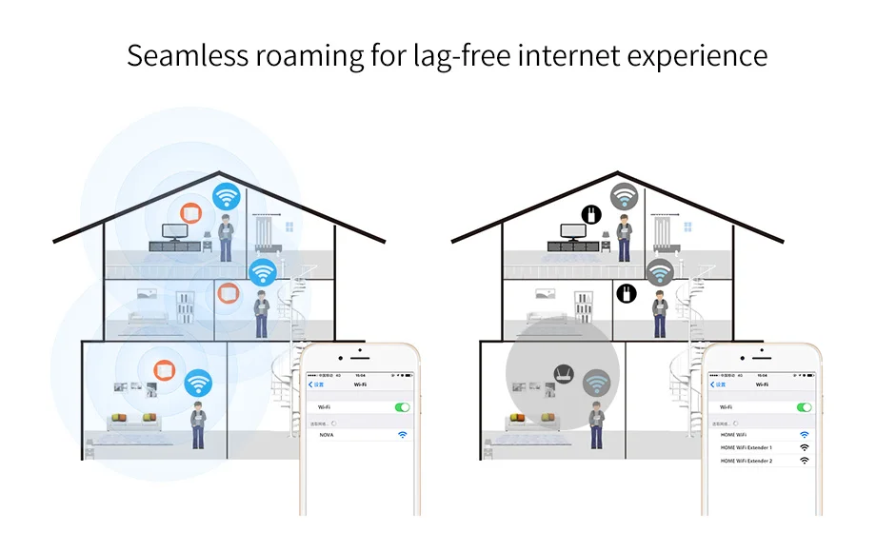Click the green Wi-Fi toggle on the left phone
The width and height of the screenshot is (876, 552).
402,407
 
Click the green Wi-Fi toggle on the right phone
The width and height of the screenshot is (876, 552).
805,407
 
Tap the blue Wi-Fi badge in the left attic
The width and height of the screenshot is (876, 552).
227,197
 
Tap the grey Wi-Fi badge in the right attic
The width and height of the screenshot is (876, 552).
625,197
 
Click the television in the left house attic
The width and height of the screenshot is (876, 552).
174,231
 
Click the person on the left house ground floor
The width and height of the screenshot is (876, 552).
198,424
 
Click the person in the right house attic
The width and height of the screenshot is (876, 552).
624,237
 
